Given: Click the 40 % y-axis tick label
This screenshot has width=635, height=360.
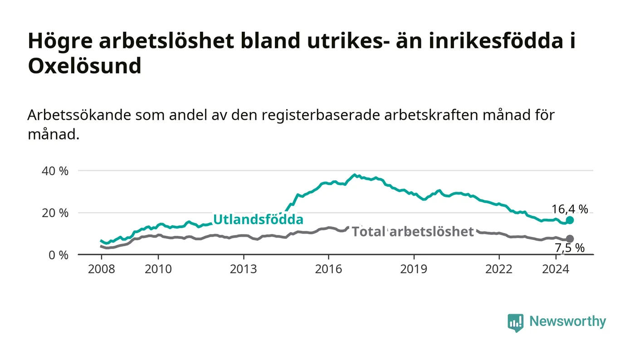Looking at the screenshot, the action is click(55, 171).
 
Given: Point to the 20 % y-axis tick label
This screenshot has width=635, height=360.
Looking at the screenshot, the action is click(55, 213).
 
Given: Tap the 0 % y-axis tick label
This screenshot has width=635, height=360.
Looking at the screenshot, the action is click(59, 255).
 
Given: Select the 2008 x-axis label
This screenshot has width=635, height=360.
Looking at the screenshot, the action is click(102, 269).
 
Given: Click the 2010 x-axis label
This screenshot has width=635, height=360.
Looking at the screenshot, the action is click(158, 269).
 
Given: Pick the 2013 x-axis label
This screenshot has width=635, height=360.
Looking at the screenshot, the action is click(243, 269).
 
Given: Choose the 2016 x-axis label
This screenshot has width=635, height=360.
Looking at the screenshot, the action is click(328, 269).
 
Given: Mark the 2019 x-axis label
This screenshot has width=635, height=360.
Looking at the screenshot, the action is click(414, 269).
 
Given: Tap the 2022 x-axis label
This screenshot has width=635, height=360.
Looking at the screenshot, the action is click(499, 269).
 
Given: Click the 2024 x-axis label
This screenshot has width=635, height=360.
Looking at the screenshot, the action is click(556, 269).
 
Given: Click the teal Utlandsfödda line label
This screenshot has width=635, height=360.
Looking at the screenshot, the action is click(258, 219).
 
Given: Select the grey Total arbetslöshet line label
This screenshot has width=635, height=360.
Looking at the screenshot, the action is click(413, 232).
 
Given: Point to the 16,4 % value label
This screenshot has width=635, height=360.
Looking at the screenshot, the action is click(570, 209).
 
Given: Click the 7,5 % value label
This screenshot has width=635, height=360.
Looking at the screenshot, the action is click(570, 248).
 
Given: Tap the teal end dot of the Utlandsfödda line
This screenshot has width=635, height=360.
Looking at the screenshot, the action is click(570, 220).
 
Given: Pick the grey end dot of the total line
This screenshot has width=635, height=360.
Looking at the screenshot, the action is click(570, 239).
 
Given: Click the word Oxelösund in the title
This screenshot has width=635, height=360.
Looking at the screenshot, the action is click(85, 66).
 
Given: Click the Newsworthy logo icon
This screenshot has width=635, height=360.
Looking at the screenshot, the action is click(516, 322).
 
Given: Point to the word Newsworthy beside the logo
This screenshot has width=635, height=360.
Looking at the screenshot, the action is click(568, 321).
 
